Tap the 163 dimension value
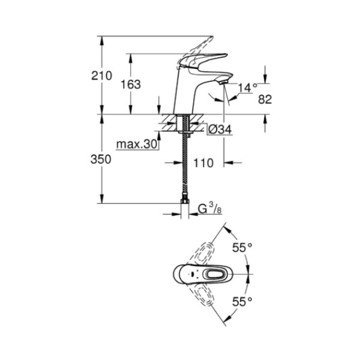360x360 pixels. coord(130,85)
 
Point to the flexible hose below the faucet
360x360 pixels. coord(185,168)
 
